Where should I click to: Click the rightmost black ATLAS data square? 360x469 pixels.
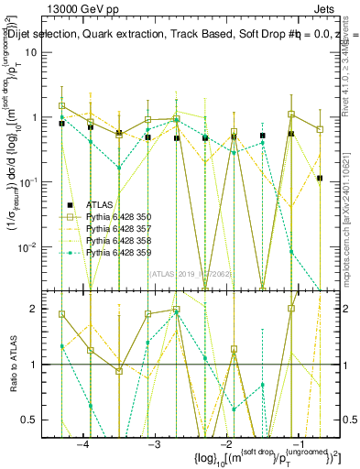point(320,179)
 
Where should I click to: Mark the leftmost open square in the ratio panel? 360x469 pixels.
point(62,314)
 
